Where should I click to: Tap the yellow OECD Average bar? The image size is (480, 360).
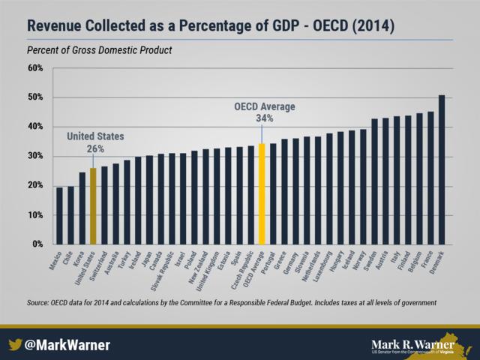pos(262,194)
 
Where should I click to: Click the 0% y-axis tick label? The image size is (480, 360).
pos(37,244)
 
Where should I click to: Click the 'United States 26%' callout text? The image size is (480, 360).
pos(95,143)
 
